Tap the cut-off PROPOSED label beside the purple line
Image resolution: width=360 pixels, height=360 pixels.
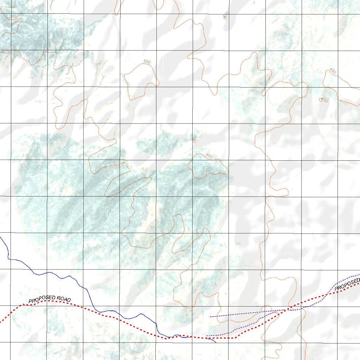tap(348, 284)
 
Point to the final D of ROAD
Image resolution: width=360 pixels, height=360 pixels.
tap(69, 300)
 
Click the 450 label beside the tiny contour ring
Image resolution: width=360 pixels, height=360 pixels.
tap(324, 101)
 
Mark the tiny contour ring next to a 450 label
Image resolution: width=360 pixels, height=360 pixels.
tap(321, 100)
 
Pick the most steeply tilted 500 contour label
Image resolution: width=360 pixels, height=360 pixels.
tap(195, 138)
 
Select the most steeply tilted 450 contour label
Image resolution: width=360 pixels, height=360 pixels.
tap(226, 15)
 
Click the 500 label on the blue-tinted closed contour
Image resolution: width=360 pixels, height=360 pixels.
tap(210, 155)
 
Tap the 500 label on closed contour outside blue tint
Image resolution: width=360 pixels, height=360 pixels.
tap(147, 62)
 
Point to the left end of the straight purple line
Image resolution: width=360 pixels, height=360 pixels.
tap(210, 317)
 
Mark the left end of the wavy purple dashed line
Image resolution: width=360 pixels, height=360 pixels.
tap(206, 336)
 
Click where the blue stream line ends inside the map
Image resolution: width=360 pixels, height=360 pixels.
tap(216, 342)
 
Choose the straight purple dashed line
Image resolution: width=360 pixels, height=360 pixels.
tap(246, 313)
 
